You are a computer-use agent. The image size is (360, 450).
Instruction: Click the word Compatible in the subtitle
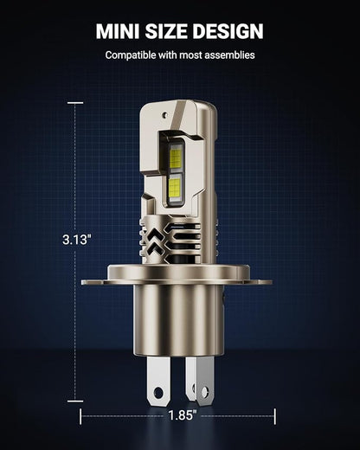click(x=131, y=55)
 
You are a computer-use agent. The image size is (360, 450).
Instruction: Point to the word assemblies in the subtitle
click(x=229, y=55)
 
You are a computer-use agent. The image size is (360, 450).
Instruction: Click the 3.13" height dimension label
click(x=77, y=240)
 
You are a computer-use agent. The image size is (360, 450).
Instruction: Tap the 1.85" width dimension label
click(x=182, y=415)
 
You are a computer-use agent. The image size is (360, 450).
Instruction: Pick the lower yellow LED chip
click(x=175, y=186)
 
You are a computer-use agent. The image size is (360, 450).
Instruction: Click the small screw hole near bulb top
click(x=164, y=114)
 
